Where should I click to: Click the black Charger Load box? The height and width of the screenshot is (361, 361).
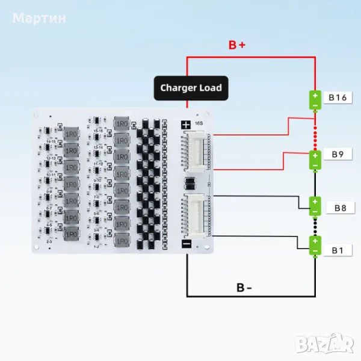190,88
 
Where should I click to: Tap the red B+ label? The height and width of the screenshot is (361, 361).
236,45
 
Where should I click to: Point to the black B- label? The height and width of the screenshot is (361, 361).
244,287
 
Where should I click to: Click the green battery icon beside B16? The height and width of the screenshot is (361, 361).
315,100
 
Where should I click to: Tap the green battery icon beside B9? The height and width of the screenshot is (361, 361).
315,159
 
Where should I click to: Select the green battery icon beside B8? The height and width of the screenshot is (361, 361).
315,206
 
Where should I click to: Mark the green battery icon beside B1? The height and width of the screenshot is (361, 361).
315,246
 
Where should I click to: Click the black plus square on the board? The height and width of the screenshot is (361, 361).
187,125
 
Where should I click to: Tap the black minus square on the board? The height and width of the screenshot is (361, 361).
187,244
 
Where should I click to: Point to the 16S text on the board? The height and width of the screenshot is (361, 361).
199,123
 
